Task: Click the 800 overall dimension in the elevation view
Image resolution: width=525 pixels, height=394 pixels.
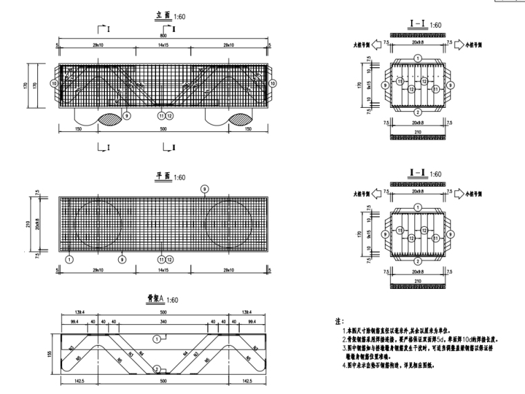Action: coord(163,35)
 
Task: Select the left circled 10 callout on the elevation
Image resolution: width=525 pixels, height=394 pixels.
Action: coord(54,82)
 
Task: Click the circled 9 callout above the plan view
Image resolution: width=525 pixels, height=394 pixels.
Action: coord(203,189)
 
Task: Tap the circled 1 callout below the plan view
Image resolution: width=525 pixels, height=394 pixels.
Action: coord(69,259)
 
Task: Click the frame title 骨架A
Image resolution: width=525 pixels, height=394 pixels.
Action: coord(153,299)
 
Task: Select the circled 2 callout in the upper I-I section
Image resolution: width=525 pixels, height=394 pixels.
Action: coord(417,112)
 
